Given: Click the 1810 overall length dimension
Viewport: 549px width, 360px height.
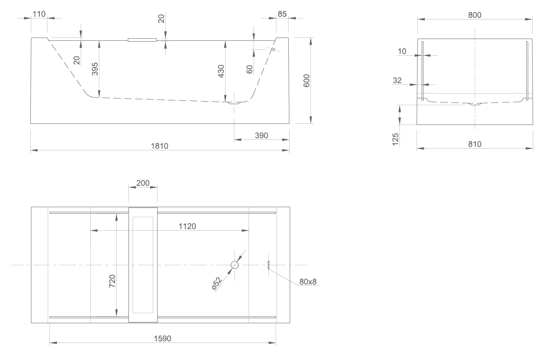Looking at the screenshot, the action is pos(159,146).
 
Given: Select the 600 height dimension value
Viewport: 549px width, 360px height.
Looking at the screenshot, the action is pos(307,81).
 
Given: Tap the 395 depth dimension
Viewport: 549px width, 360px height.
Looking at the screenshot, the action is pos(95,69).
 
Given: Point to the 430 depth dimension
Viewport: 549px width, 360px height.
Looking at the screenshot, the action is pos(221,71).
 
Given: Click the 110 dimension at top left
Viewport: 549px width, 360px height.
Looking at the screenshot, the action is pos(39,14).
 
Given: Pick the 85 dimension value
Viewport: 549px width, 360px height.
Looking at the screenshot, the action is pos(282,14).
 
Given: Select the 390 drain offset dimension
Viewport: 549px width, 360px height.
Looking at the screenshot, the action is pos(261,136).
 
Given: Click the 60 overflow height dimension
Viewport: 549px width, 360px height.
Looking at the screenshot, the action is pos(249,69).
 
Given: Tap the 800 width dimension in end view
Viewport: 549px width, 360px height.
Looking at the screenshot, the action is pos(475,15).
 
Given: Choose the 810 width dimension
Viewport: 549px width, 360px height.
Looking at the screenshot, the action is pos(475,144).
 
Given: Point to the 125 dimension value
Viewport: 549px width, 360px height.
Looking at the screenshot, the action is pos(396,139).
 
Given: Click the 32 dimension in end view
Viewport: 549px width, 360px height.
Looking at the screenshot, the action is pos(397,80).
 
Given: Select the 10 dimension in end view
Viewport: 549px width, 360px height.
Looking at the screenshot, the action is pos(402,51).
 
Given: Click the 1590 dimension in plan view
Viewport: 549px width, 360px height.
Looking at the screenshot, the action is pos(162,339).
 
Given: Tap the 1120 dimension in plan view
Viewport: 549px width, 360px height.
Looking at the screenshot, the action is pos(187,226).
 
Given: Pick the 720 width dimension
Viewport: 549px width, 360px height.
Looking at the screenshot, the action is pos(112,281).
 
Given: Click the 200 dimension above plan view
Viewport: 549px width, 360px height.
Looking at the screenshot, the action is pos(143,183).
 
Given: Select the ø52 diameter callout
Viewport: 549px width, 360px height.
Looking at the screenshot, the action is pos(217,284).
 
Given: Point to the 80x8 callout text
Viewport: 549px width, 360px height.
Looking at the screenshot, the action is pos(308,282).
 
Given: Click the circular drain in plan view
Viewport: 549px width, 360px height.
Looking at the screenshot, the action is pos(235,265).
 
